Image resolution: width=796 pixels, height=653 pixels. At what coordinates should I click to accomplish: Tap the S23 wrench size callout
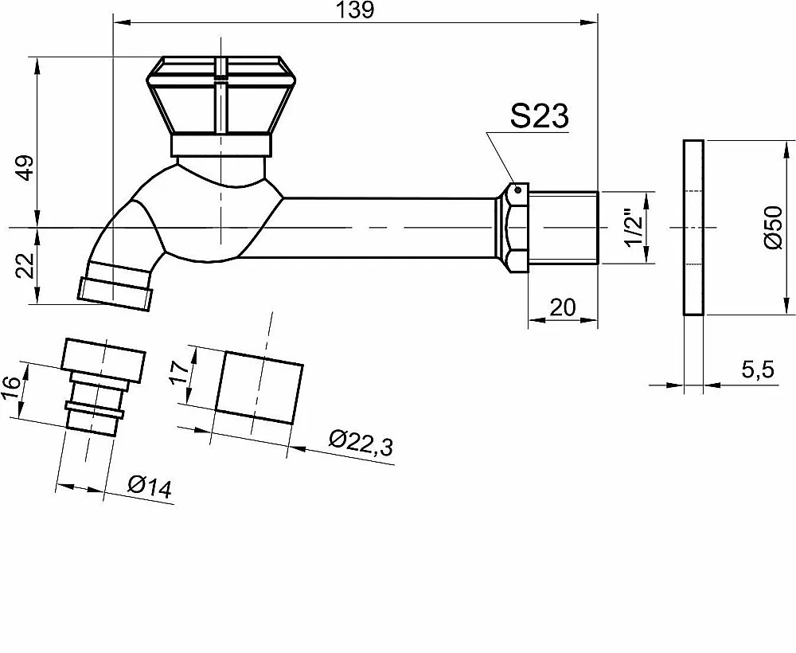540,117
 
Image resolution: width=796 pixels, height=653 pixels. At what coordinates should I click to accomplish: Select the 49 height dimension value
25,167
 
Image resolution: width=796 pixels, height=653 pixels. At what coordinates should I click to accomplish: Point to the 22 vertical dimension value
25,265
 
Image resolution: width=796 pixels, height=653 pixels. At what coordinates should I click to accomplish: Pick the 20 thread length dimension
563,307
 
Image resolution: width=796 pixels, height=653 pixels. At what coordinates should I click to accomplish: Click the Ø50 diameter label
774,227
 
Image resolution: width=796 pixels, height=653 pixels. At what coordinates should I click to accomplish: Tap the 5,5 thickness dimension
758,370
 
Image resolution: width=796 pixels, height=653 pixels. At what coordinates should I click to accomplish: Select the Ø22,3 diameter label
361,443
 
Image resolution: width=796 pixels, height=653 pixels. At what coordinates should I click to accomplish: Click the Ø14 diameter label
150,486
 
